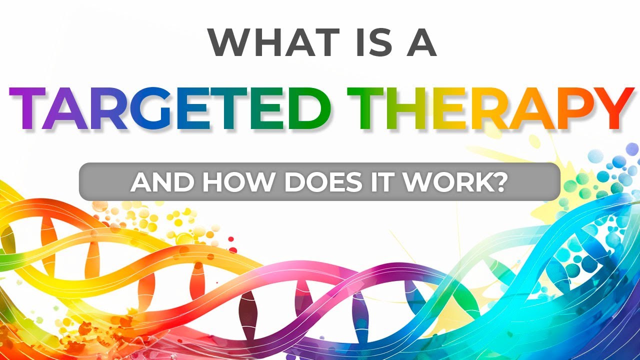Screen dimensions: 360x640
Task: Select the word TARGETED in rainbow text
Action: pyautogui.click(x=170, y=108)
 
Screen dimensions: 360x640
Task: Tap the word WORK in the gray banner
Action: pyautogui.click(x=440, y=182)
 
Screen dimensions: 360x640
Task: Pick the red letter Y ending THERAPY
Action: pyautogui.click(x=611, y=108)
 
